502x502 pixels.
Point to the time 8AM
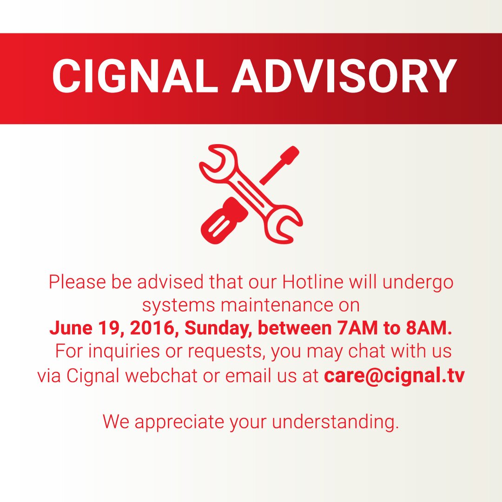pos(428,328)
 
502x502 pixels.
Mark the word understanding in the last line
pos(335,422)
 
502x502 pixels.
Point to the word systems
pos(178,305)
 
